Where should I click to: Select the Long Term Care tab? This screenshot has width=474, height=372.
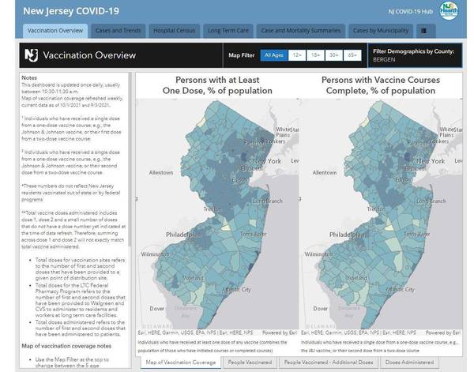tap(228, 31)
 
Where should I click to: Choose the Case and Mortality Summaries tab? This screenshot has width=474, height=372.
tap(301, 31)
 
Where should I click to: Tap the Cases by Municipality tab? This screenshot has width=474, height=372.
tap(380, 31)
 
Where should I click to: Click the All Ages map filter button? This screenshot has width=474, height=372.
tap(274, 55)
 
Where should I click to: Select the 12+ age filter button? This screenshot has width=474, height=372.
tap(297, 55)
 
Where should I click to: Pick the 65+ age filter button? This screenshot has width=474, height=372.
tap(352, 55)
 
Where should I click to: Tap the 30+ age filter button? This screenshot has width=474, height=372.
tap(334, 55)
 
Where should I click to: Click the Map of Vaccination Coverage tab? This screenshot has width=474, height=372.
tap(181, 362)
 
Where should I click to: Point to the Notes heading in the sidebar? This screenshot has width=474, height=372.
tap(29, 78)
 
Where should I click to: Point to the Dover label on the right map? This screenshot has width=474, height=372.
tap(315, 308)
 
